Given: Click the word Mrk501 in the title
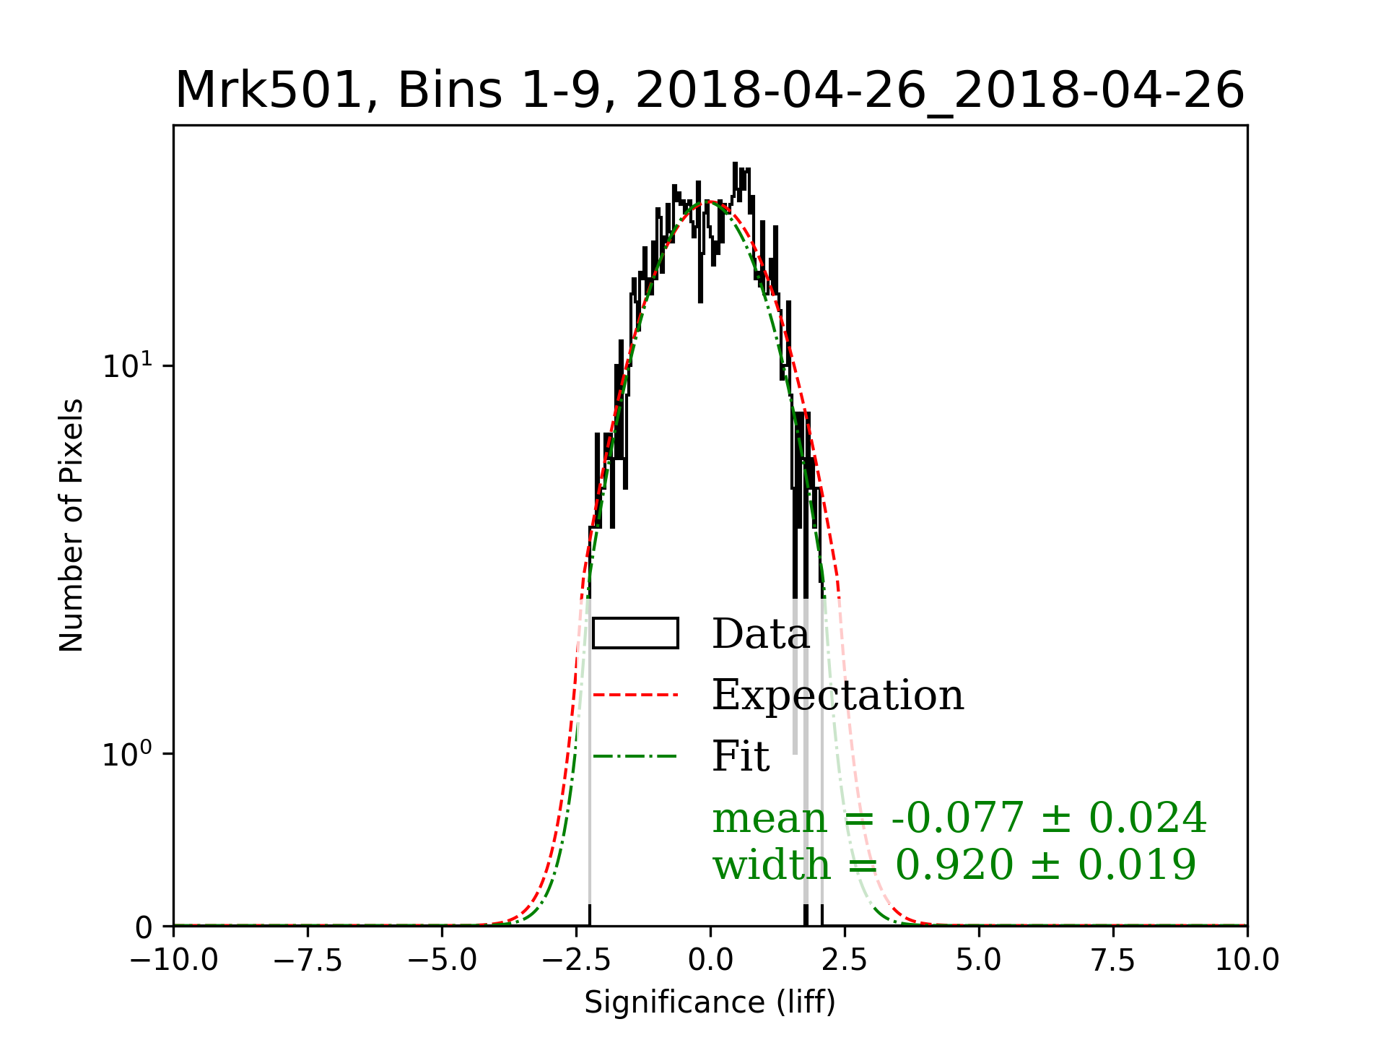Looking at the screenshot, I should pos(267,91).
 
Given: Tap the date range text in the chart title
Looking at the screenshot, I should pos(940,91).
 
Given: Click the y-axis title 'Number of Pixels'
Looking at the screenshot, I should pos(71,525).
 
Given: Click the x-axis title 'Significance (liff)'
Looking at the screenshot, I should pos(710,1002).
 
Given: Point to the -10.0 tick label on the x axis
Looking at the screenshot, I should pos(174,961).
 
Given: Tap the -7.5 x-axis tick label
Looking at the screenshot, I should pos(308,961).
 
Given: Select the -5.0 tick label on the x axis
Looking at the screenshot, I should pos(443,961).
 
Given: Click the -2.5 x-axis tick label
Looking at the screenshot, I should pos(577,961).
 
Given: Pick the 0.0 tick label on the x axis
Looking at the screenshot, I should pos(710,961).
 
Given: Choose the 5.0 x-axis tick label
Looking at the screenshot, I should pos(979,961).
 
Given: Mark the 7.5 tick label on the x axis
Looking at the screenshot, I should pos(1113,961).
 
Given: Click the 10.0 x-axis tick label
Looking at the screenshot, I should pos(1247,961).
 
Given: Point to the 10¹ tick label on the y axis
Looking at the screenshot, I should pos(128,365).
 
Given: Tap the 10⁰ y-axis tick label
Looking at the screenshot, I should pos(128,754).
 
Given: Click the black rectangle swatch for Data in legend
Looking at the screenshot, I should pos(635,633).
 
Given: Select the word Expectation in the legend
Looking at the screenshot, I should pos(837,695).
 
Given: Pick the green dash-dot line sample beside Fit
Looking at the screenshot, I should pos(635,757).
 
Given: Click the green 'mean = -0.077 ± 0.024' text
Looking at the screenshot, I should pos(959,818).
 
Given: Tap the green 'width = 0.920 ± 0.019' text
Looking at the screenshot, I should pos(954,864).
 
